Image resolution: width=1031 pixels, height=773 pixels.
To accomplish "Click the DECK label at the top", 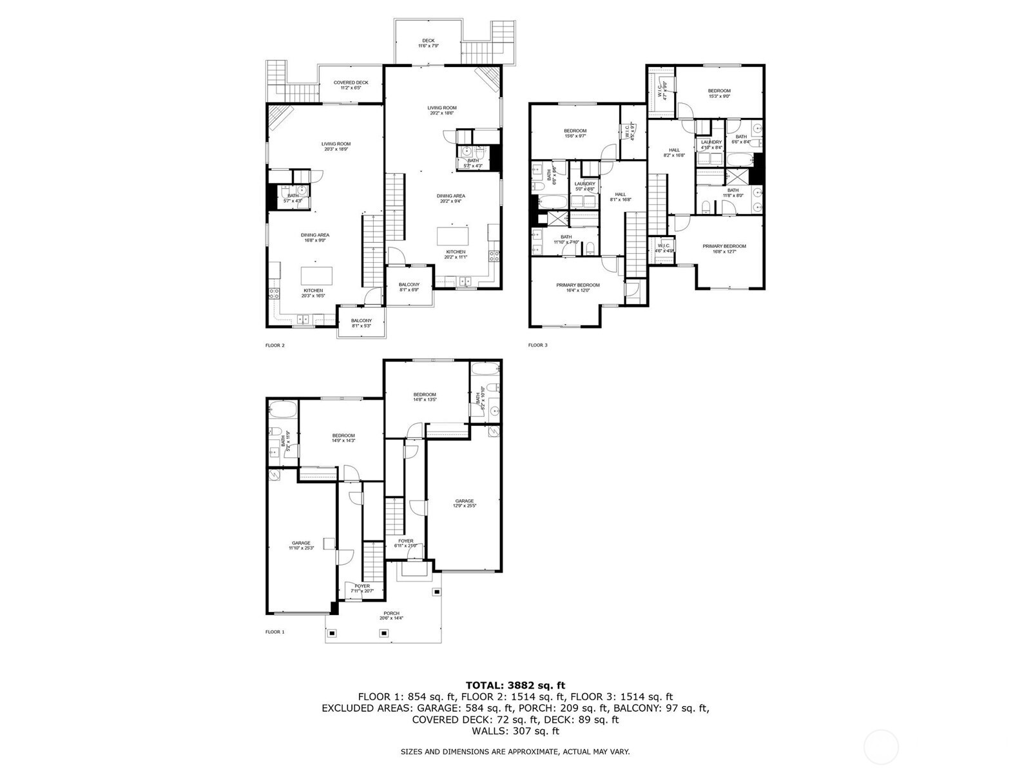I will coord(428,43).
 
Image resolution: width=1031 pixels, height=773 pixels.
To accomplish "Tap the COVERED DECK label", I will coord(351,85).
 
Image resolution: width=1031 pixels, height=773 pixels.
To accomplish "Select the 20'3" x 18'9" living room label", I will coord(336,146).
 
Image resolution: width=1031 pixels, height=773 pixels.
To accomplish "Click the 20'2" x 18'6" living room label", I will coord(442,110).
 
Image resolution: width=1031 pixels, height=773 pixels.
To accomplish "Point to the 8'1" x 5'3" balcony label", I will coord(361,323).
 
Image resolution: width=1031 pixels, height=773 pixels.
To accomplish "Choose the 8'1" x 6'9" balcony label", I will coord(409,287).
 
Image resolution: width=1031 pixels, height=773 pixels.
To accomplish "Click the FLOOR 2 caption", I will coord(275,345).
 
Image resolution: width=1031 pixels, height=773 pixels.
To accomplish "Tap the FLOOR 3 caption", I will coord(537,345).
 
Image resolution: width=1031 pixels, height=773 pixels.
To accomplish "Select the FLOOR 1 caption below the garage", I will coord(275,632).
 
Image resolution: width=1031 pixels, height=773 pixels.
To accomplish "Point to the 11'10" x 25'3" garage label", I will coord(301,545).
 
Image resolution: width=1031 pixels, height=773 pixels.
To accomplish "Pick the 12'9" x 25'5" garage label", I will coord(464,503).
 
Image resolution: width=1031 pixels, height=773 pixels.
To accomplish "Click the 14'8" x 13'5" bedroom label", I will coord(425,397).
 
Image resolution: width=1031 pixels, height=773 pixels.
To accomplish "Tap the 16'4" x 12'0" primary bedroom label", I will coord(578,287).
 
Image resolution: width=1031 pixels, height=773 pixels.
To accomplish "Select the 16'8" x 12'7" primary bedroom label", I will coord(724,249).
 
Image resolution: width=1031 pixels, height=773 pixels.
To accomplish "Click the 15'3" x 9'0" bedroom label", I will coord(719,93).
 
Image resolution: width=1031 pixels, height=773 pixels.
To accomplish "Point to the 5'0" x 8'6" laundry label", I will coord(584,186).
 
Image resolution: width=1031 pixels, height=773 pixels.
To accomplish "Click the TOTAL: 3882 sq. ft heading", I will coord(515,685).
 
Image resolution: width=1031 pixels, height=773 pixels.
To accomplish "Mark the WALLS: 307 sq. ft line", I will coord(515,731).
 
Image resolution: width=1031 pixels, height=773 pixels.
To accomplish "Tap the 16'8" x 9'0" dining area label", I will coord(314,238).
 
